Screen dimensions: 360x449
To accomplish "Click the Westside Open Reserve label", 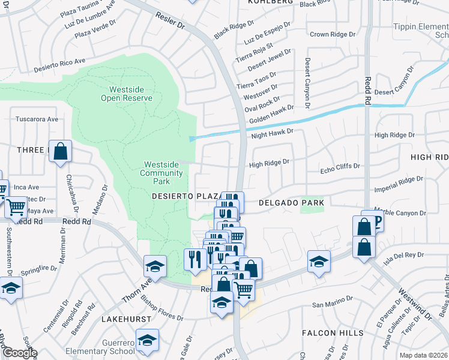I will click(126, 93).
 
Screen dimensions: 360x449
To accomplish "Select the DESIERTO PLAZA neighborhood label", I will click(183, 196).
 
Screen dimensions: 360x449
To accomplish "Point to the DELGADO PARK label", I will click(291, 203).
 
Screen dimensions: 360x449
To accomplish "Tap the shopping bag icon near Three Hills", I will click(61, 152).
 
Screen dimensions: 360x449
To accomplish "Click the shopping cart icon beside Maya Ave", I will click(16, 206).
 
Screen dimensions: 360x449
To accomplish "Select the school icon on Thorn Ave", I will click(155, 266).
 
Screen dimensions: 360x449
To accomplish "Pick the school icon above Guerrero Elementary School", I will click(146, 340).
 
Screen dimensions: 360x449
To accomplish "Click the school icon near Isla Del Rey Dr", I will click(319, 262).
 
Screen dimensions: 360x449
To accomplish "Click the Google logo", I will click(19, 353).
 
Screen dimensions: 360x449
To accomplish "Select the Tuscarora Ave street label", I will click(37, 119).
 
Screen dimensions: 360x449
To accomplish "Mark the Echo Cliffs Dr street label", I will click(340, 166).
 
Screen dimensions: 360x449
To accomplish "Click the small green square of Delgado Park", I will click(312, 203).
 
